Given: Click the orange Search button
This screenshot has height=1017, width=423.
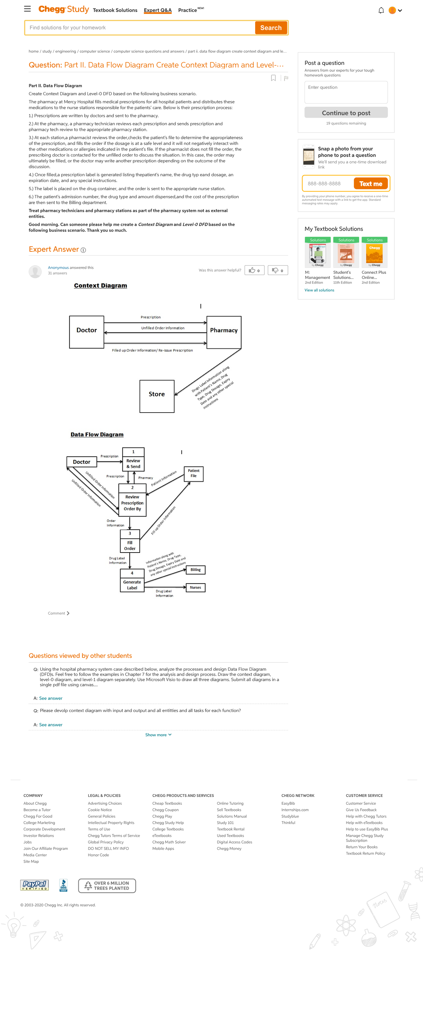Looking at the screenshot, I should coord(271,28).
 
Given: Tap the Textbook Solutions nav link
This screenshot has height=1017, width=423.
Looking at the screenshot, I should coord(115,10).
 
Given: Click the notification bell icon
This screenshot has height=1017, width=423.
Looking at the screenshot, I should coord(381,11).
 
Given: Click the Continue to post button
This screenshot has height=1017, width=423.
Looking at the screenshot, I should coord(346,113).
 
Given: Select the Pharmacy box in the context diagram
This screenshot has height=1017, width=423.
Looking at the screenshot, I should coord(224,332).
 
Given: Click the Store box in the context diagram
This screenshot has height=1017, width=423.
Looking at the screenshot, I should coord(157,396).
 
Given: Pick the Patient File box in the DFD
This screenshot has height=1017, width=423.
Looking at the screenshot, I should coord(194,474).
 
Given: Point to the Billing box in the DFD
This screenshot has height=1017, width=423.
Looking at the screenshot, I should coord(195,570).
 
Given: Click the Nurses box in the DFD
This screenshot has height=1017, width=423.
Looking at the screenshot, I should coord(195,587).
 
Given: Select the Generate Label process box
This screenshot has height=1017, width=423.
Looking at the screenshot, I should coord(132,580).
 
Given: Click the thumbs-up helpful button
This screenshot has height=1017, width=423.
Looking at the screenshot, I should coord(254,270).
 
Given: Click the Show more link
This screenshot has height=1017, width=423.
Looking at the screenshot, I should coord(158,735).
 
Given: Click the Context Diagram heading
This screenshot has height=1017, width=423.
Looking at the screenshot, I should coord(100,285).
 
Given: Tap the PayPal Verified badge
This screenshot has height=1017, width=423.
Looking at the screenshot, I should coord(34,885).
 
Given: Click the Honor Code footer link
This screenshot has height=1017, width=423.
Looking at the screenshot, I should coord(98,855).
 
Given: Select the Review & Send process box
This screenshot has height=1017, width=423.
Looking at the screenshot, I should coord(133,459).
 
